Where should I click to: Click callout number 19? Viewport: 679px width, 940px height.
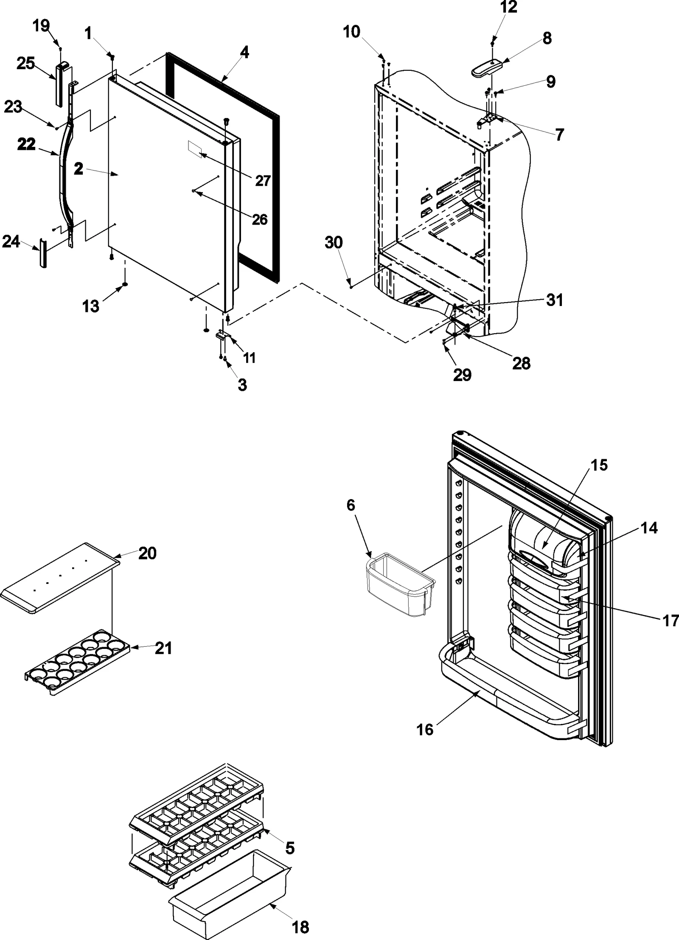click(41, 26)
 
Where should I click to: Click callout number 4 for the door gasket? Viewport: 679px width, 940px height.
click(244, 53)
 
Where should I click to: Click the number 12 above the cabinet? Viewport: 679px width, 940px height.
click(509, 7)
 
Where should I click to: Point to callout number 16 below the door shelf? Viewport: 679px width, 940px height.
click(425, 729)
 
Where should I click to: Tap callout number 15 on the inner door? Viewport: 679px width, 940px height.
click(600, 465)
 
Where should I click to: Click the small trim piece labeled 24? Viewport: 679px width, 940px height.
click(43, 253)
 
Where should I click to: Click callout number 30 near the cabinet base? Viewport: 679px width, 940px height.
click(334, 243)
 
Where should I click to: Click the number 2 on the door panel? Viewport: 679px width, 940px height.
click(78, 169)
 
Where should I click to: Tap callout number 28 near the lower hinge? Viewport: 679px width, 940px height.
click(521, 363)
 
